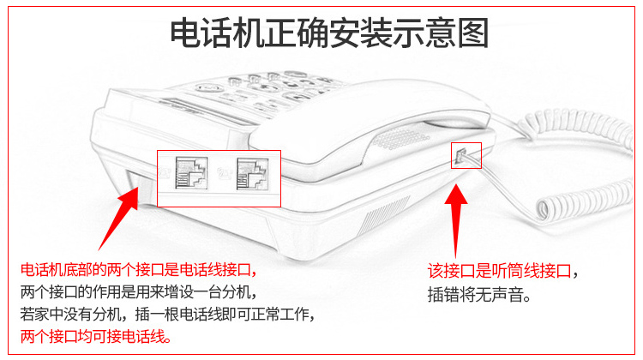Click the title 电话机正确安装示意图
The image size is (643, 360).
click(x=329, y=33)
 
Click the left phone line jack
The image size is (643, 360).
click(x=191, y=173)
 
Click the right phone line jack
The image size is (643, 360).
click(x=253, y=174)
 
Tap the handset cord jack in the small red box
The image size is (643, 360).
click(x=460, y=156)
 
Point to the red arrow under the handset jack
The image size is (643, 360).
click(x=456, y=220)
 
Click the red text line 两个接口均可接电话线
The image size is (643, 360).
click(x=96, y=336)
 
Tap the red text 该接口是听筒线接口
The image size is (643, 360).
click(x=500, y=271)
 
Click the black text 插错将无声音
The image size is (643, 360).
click(x=479, y=294)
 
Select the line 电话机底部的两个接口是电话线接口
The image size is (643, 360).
click(x=139, y=270)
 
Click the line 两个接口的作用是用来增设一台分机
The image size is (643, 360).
click(x=139, y=292)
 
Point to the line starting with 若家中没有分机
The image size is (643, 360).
click(x=167, y=314)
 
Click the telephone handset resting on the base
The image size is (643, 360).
click(x=369, y=119)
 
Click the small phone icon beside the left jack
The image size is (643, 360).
click(x=165, y=172)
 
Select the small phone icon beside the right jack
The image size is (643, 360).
click(x=225, y=174)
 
